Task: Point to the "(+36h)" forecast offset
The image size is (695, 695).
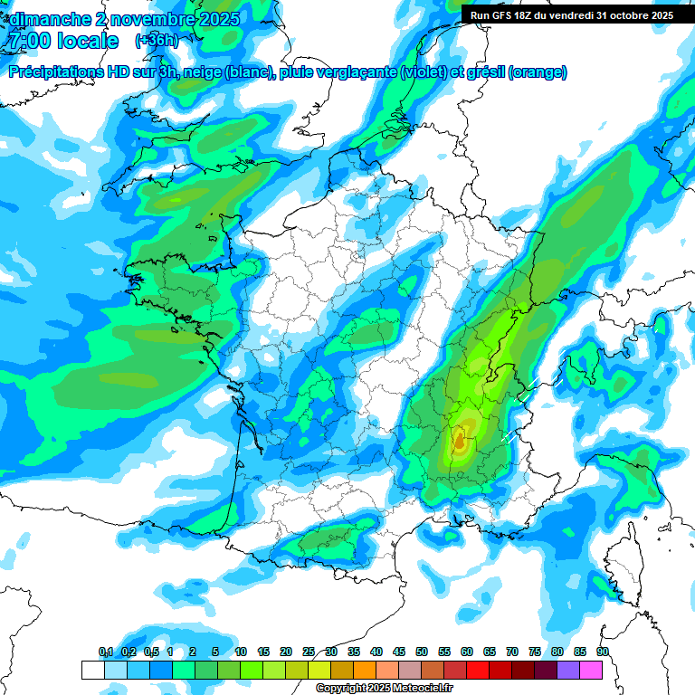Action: point(157,41)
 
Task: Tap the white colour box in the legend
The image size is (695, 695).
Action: point(92,670)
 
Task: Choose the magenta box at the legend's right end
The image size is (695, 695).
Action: point(591,670)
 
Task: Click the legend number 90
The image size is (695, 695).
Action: point(602,652)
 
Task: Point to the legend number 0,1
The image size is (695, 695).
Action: point(105,652)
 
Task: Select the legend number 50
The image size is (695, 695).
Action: point(422,652)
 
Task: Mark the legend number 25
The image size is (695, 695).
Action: point(309,652)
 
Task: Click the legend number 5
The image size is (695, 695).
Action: point(214,652)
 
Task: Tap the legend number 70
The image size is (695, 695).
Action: point(512,652)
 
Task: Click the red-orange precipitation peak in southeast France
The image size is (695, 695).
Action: point(460,441)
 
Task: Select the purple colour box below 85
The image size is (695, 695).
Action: point(568,670)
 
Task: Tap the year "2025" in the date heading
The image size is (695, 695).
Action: point(220,19)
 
